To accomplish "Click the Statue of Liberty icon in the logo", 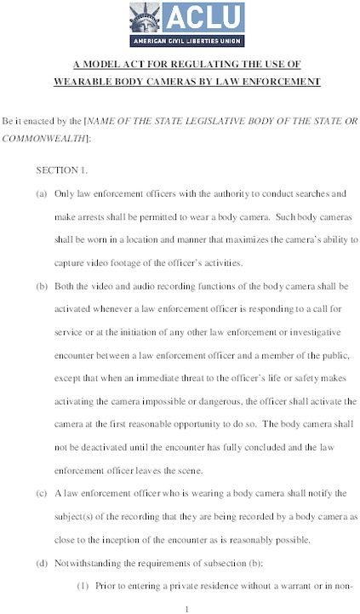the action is [145, 17].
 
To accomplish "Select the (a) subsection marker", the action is [41, 194].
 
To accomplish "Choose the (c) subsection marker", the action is [41, 493].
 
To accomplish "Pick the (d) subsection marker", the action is [41, 562].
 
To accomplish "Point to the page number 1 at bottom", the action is [186, 607].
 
